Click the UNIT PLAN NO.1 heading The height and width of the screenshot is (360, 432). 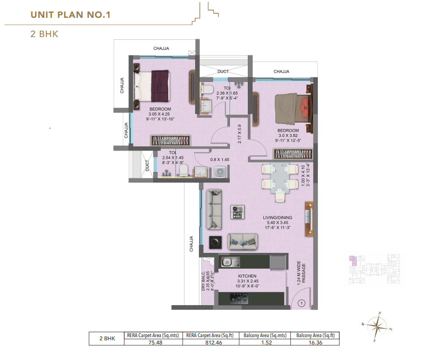point(70,15)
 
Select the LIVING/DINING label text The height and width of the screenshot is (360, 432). point(277,218)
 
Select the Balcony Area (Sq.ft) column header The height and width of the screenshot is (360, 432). point(316,336)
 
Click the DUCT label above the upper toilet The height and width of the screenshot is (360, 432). point(223,72)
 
